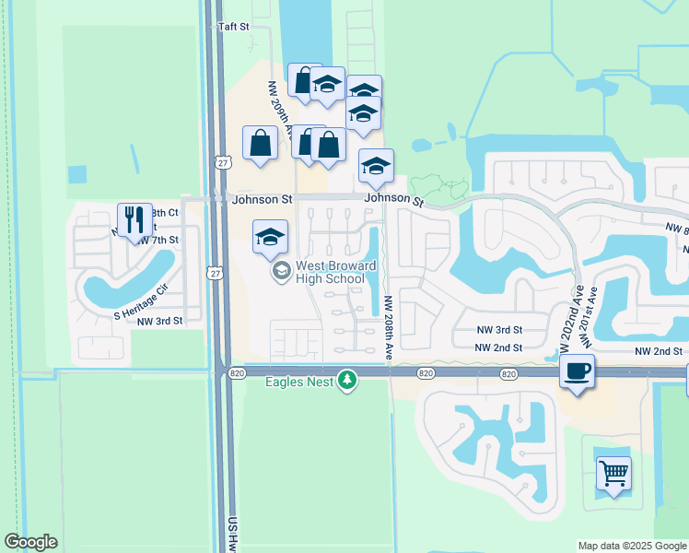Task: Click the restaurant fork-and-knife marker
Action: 134,219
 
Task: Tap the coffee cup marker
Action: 577,371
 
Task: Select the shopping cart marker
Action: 613,473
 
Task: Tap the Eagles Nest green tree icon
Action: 347,381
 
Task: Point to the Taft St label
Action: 233,27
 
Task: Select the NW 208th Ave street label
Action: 389,327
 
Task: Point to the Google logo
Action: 30,542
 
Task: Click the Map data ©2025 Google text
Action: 632,546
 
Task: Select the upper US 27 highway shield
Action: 222,162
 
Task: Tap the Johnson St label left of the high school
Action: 263,198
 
